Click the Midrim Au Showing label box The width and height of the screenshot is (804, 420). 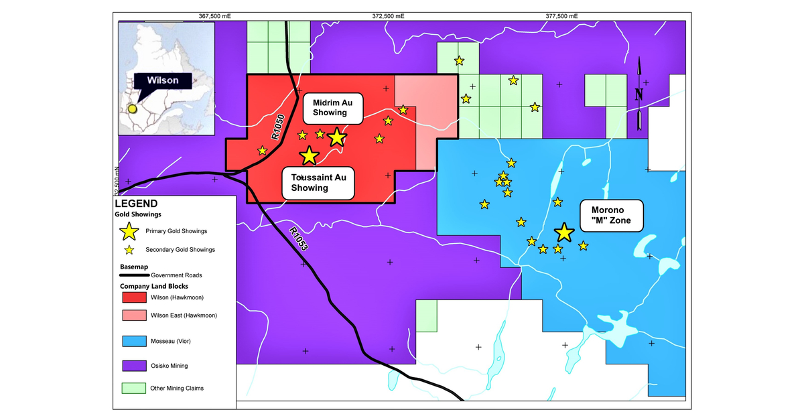coord(332,107)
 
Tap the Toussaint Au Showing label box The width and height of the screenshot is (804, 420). coord(318,182)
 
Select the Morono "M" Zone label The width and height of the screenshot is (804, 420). coord(611,215)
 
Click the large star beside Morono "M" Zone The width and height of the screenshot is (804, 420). coord(564,232)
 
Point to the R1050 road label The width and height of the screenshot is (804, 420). coord(279,127)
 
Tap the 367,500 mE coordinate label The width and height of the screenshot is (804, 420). coord(215,17)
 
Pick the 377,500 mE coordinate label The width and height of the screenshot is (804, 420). coord(561,17)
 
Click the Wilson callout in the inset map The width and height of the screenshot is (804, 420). coord(163,80)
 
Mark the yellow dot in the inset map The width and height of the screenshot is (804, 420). coord(133,109)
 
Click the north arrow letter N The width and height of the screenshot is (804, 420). coord(639,94)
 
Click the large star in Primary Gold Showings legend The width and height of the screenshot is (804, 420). coord(128,231)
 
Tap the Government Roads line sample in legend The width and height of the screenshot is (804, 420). coord(134,275)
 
